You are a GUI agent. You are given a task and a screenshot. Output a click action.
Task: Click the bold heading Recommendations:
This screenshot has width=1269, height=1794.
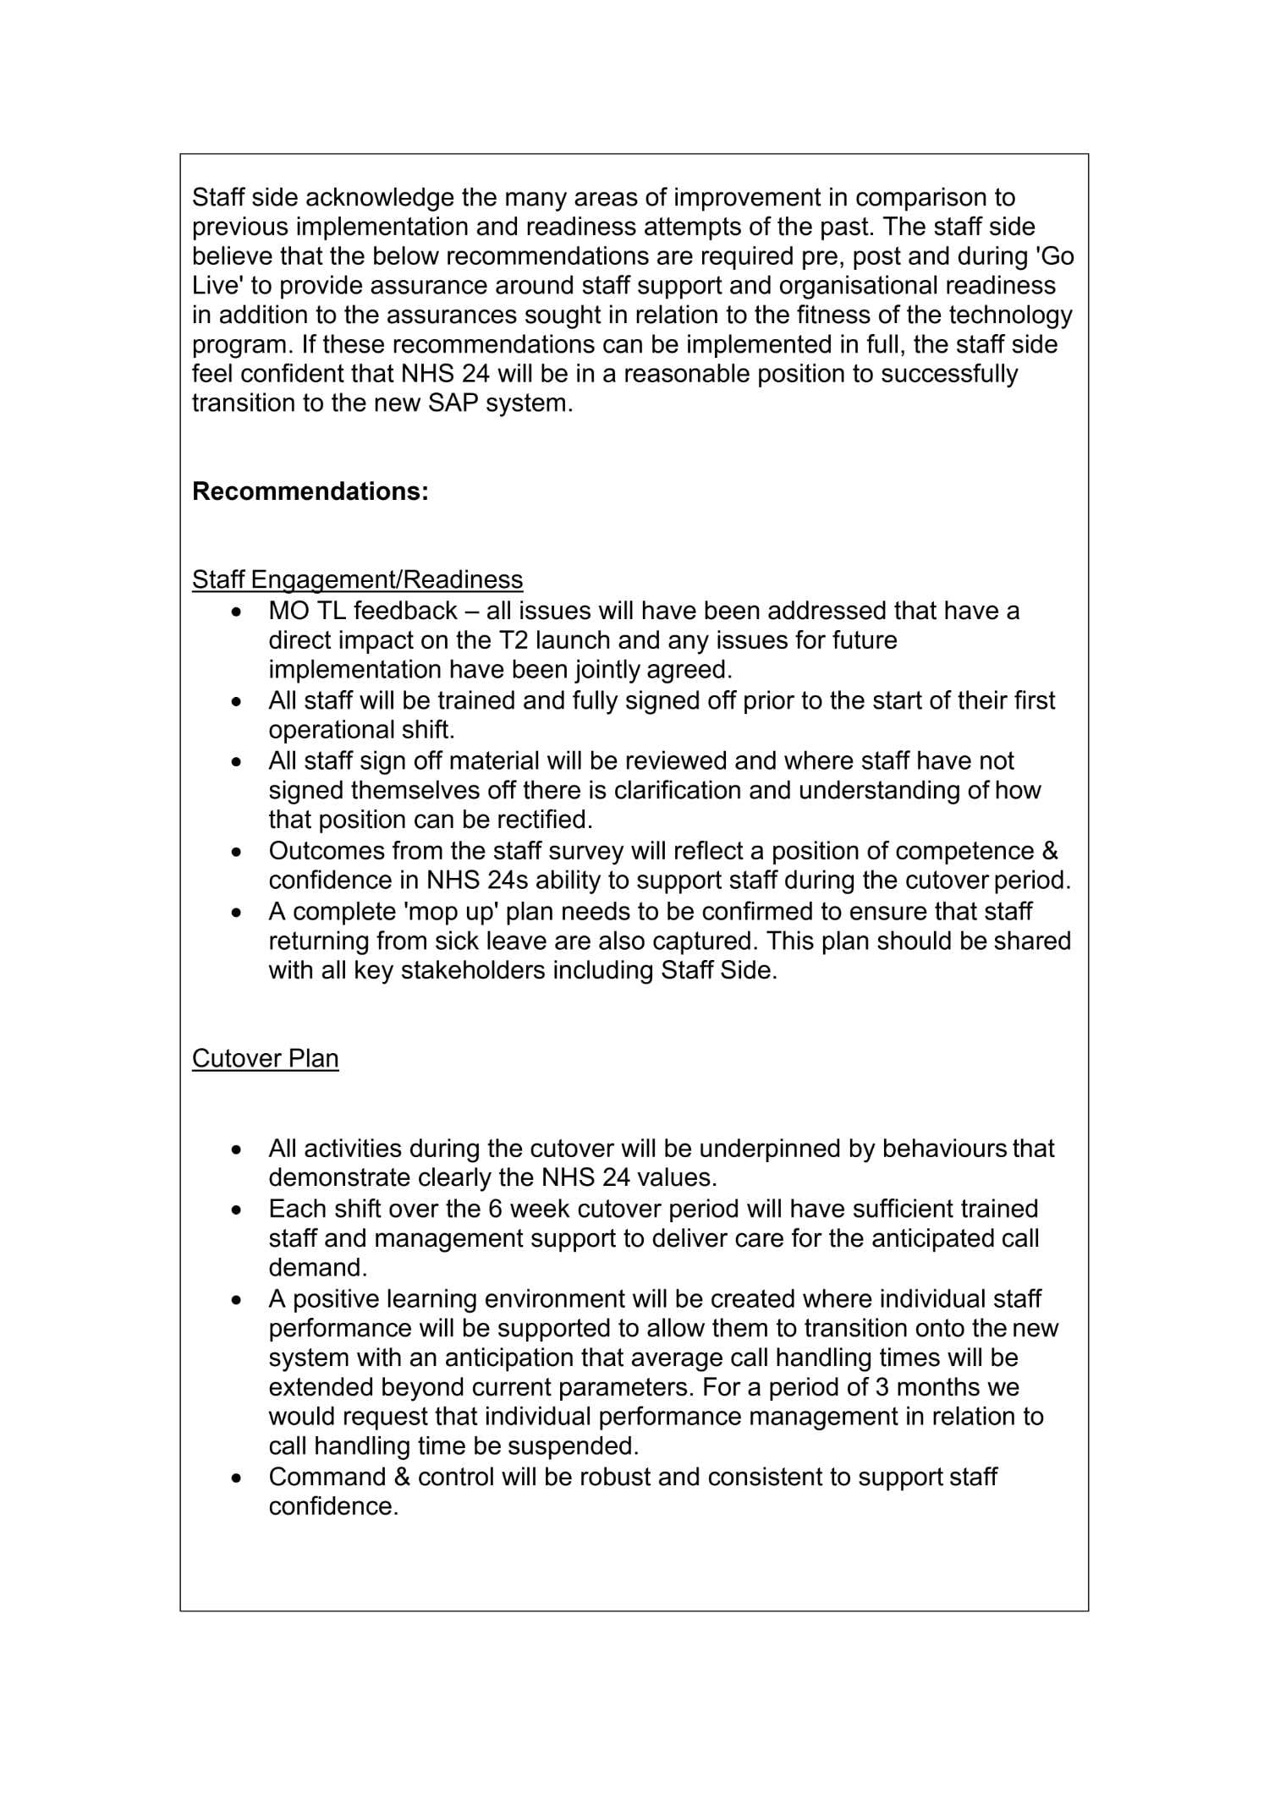(x=310, y=491)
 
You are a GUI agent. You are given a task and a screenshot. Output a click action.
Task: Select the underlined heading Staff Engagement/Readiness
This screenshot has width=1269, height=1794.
(x=357, y=579)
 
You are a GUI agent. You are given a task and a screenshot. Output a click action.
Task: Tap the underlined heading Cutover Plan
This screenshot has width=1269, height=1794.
(x=265, y=1059)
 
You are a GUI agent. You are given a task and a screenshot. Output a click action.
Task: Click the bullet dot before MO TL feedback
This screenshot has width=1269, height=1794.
(x=238, y=612)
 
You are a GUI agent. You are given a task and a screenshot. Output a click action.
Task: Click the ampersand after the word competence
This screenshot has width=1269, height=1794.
(x=1050, y=851)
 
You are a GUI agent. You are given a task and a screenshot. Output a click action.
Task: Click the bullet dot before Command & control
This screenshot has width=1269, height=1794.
(x=238, y=1479)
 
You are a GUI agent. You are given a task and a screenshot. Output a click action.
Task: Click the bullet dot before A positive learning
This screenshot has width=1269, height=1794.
(x=238, y=1300)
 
